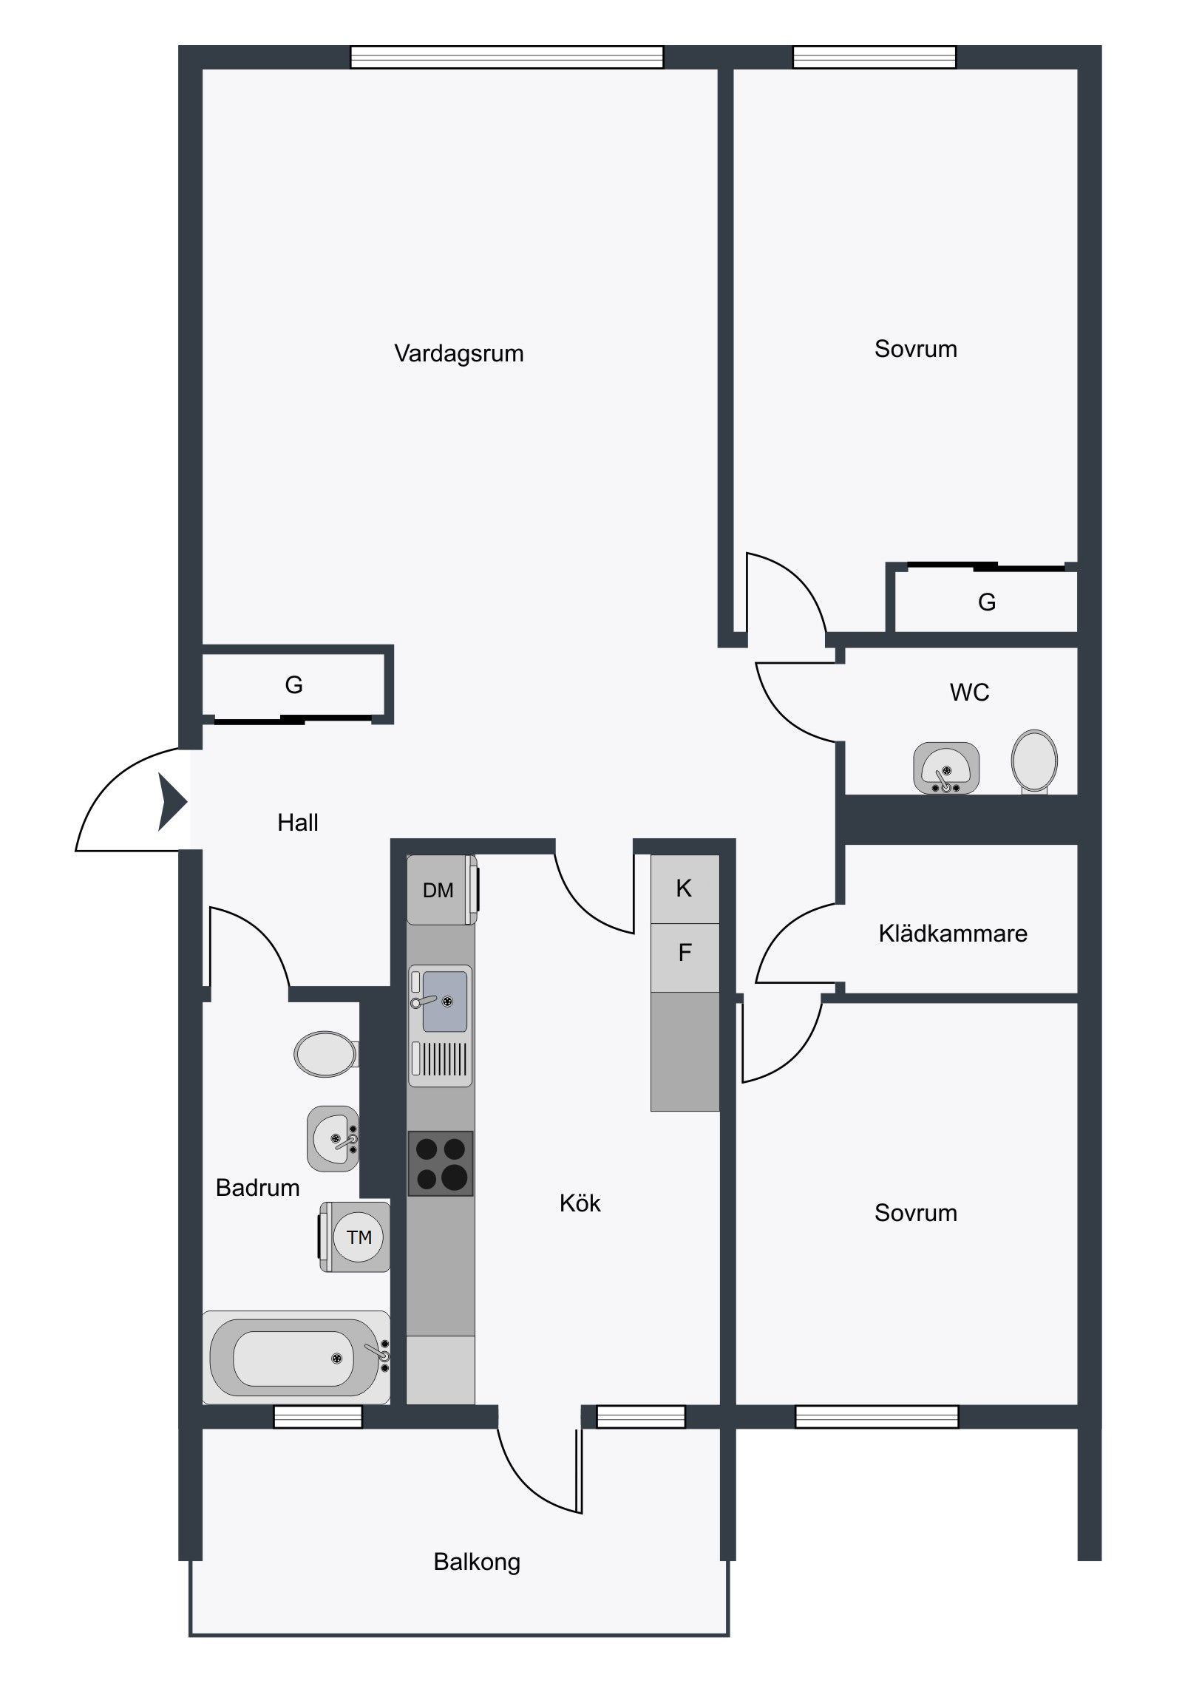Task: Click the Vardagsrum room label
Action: [x=458, y=353]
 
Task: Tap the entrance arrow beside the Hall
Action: [x=172, y=801]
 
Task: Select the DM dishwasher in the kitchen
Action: [x=441, y=890]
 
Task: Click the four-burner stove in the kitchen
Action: [x=441, y=1163]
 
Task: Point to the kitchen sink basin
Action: [x=444, y=1001]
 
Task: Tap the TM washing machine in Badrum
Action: [x=355, y=1237]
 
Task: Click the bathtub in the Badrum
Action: [x=296, y=1357]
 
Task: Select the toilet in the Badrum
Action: [x=326, y=1053]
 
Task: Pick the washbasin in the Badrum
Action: [x=333, y=1139]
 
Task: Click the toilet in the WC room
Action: [x=1035, y=761]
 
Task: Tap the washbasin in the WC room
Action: [x=945, y=768]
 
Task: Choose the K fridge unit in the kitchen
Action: [x=685, y=889]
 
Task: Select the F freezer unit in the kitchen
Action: [x=685, y=957]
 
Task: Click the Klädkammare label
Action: [x=952, y=933]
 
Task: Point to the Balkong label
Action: [x=477, y=1563]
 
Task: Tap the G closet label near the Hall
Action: [x=294, y=685]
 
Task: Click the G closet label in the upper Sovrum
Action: [x=986, y=602]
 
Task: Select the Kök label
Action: [x=580, y=1203]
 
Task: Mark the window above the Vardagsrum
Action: [x=506, y=57]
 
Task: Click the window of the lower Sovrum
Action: [x=877, y=1416]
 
